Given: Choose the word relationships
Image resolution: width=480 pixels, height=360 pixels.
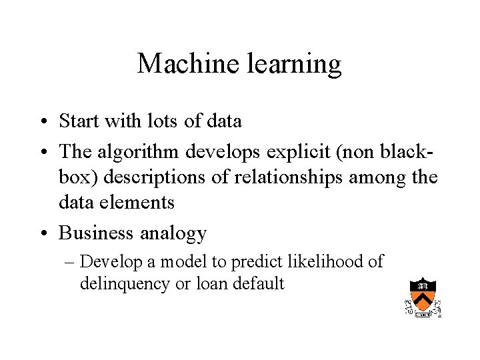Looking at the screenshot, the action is pyautogui.click(x=293, y=178).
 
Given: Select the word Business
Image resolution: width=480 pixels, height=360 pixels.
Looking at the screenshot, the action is pyautogui.click(x=97, y=233).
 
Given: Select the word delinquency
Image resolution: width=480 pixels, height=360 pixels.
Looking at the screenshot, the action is pyautogui.click(x=125, y=284).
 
